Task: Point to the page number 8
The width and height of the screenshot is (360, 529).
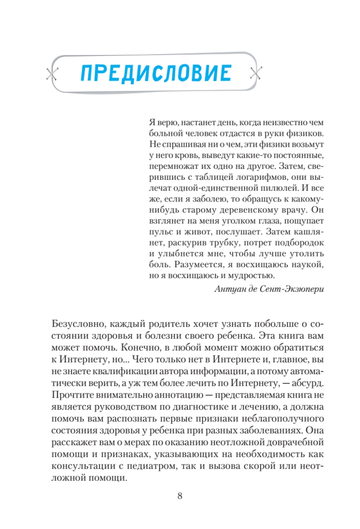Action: point(180,496)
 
